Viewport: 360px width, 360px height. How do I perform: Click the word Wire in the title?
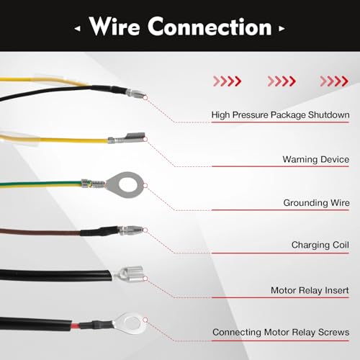[114, 27]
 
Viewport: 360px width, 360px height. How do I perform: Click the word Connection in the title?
[210, 27]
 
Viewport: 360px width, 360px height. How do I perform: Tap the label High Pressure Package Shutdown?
[280, 115]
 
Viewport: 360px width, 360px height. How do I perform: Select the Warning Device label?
[316, 159]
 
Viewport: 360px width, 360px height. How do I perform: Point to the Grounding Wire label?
[316, 203]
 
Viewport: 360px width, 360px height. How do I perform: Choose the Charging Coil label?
[320, 245]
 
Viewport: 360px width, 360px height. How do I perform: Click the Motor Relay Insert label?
[310, 290]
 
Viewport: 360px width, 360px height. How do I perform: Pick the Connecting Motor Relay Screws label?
[281, 333]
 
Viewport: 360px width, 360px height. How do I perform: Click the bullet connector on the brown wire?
[131, 230]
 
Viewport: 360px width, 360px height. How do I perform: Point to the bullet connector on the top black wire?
[135, 93]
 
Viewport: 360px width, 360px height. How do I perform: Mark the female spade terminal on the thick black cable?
[127, 274]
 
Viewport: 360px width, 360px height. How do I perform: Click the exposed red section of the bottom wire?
[76, 326]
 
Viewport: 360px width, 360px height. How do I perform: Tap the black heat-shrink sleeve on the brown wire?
[99, 232]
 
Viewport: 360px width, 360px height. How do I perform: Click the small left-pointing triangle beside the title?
[77, 29]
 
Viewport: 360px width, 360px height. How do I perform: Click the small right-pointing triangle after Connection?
[282, 29]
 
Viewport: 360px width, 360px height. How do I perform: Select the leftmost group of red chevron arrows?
[227, 81]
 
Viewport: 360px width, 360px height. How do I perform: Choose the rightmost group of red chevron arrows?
[334, 81]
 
